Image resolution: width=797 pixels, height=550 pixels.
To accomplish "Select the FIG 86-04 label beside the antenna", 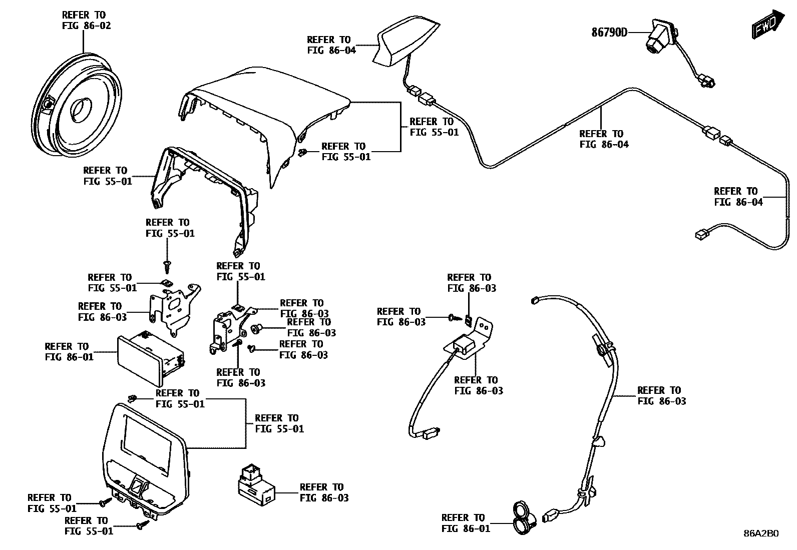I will click(331, 45).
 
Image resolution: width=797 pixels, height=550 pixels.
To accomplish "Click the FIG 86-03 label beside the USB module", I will click(324, 492).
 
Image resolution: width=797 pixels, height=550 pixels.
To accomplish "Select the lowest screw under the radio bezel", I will click(141, 525).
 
